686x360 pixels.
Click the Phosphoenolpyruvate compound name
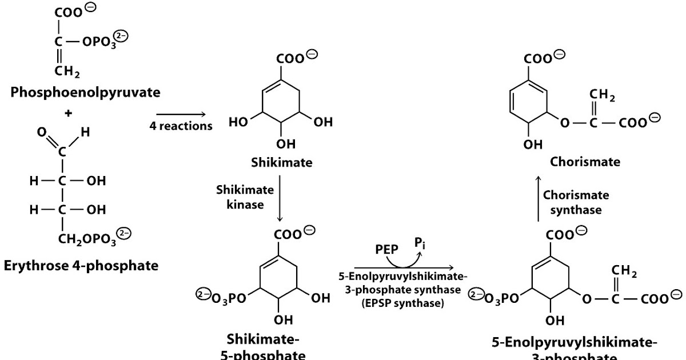pos(85,93)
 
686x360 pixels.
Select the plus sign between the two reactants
pos(69,113)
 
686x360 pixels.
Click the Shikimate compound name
pos(282,162)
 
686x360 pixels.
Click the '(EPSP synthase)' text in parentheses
pos(402,303)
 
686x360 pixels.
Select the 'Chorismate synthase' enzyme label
pos(576,202)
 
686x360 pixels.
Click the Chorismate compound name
pos(585,162)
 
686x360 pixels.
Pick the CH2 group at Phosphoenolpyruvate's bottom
pos(67,71)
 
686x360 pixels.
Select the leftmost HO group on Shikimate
pos(239,123)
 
